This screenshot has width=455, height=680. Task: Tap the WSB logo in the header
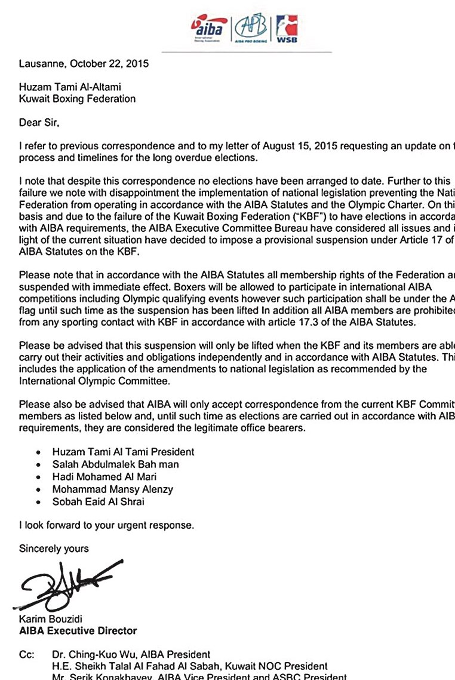pos(287,29)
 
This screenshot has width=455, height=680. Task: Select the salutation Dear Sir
pos(39,123)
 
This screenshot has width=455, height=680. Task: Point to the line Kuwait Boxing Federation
pos(77,99)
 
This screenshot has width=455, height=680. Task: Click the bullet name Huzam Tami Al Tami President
pos(123,452)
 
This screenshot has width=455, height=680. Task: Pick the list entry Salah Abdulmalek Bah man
pos(115,464)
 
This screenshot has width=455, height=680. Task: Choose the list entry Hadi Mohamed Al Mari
pos(106,477)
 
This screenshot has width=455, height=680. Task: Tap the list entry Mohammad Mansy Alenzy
pos(112,489)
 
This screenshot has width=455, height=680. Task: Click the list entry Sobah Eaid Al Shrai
pos(98,502)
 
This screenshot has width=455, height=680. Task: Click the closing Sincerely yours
pos(54,549)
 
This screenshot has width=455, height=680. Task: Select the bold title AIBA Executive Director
pos(78,630)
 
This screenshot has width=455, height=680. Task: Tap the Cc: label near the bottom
pos(26,655)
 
